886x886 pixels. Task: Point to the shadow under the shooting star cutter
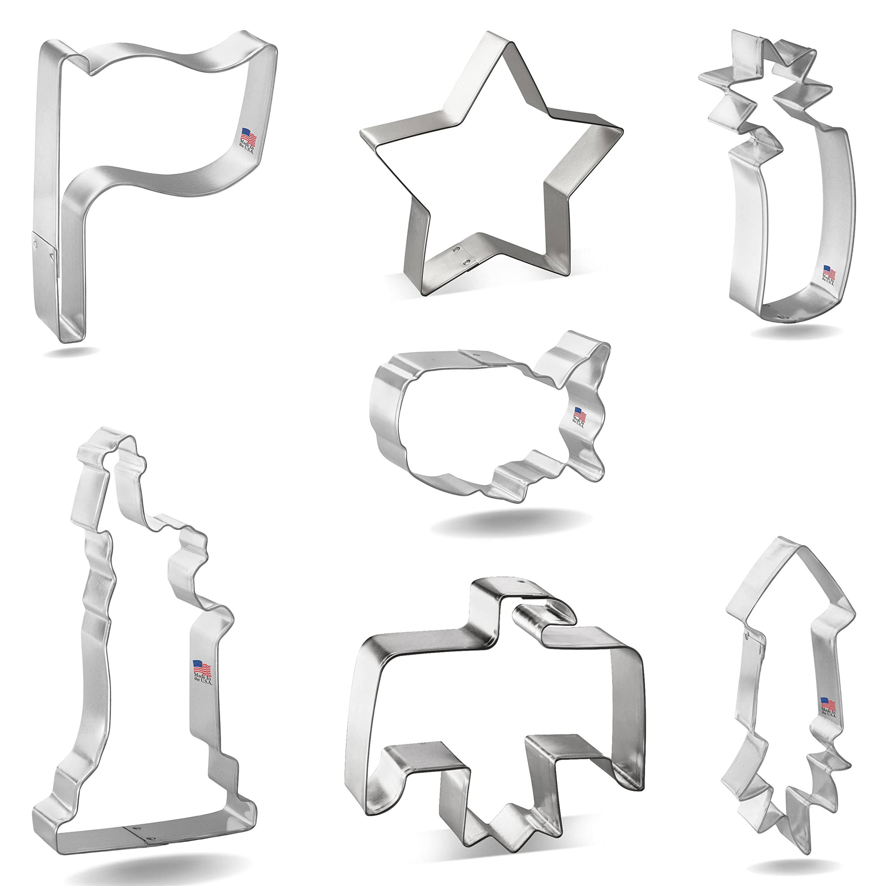pyautogui.click(x=796, y=331)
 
